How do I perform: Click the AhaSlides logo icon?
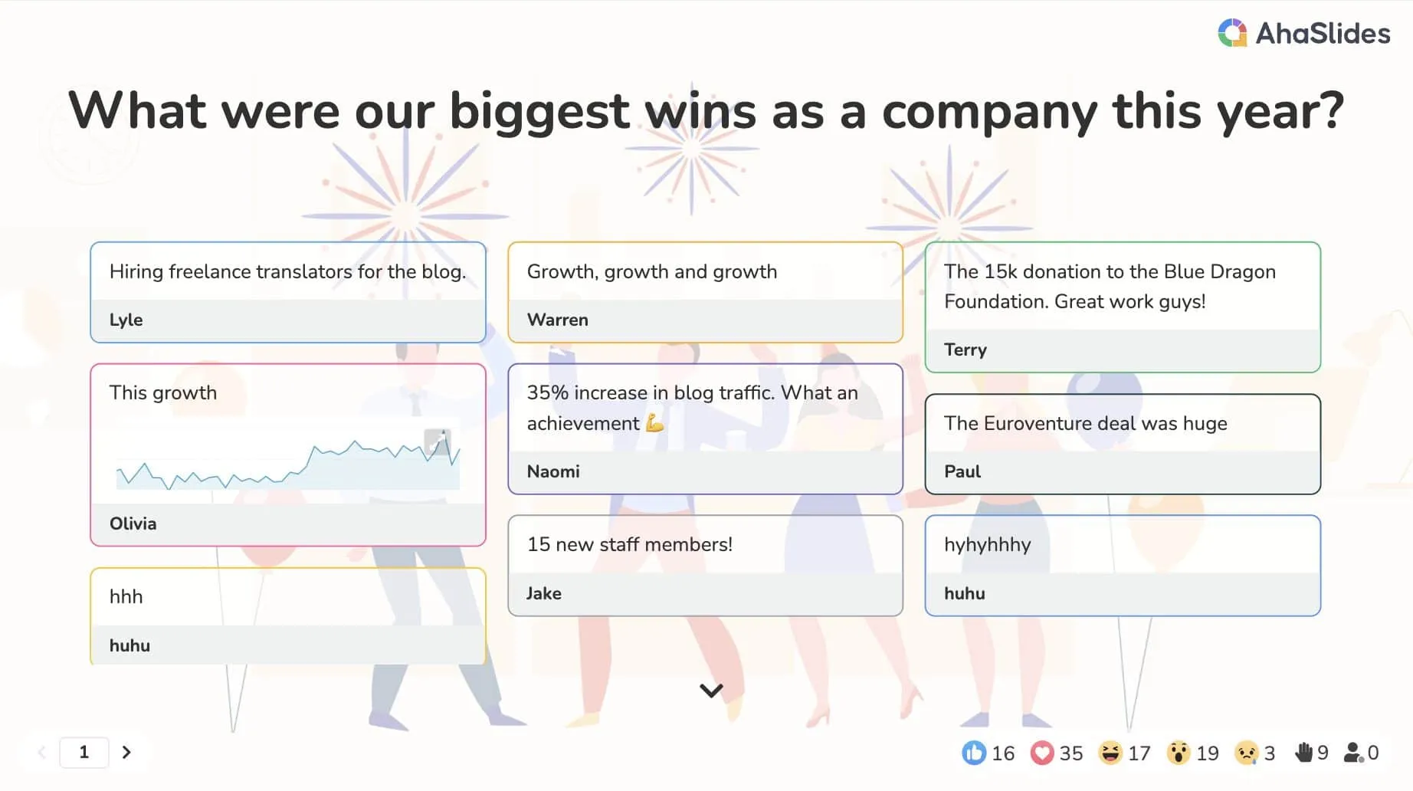coord(1232,33)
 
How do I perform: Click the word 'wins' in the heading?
coord(701,111)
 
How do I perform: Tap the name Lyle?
coord(126,320)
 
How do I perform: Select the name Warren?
coord(557,320)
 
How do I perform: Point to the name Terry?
coord(965,350)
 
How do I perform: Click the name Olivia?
coord(133,524)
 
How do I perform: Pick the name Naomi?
coord(552,471)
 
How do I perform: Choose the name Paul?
coord(962,471)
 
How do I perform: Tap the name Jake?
coord(543,593)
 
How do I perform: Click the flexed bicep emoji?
coord(654,423)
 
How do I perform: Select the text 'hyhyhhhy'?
coord(987,545)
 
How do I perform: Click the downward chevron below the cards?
coord(711,691)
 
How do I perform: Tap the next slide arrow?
coord(126,752)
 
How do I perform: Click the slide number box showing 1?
coord(84,752)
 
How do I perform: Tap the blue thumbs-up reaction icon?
coord(974,753)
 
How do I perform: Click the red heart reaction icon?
coord(1042,753)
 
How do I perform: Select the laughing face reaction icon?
coord(1110,753)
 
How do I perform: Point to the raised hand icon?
coord(1303,753)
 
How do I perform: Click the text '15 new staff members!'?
coord(630,544)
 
